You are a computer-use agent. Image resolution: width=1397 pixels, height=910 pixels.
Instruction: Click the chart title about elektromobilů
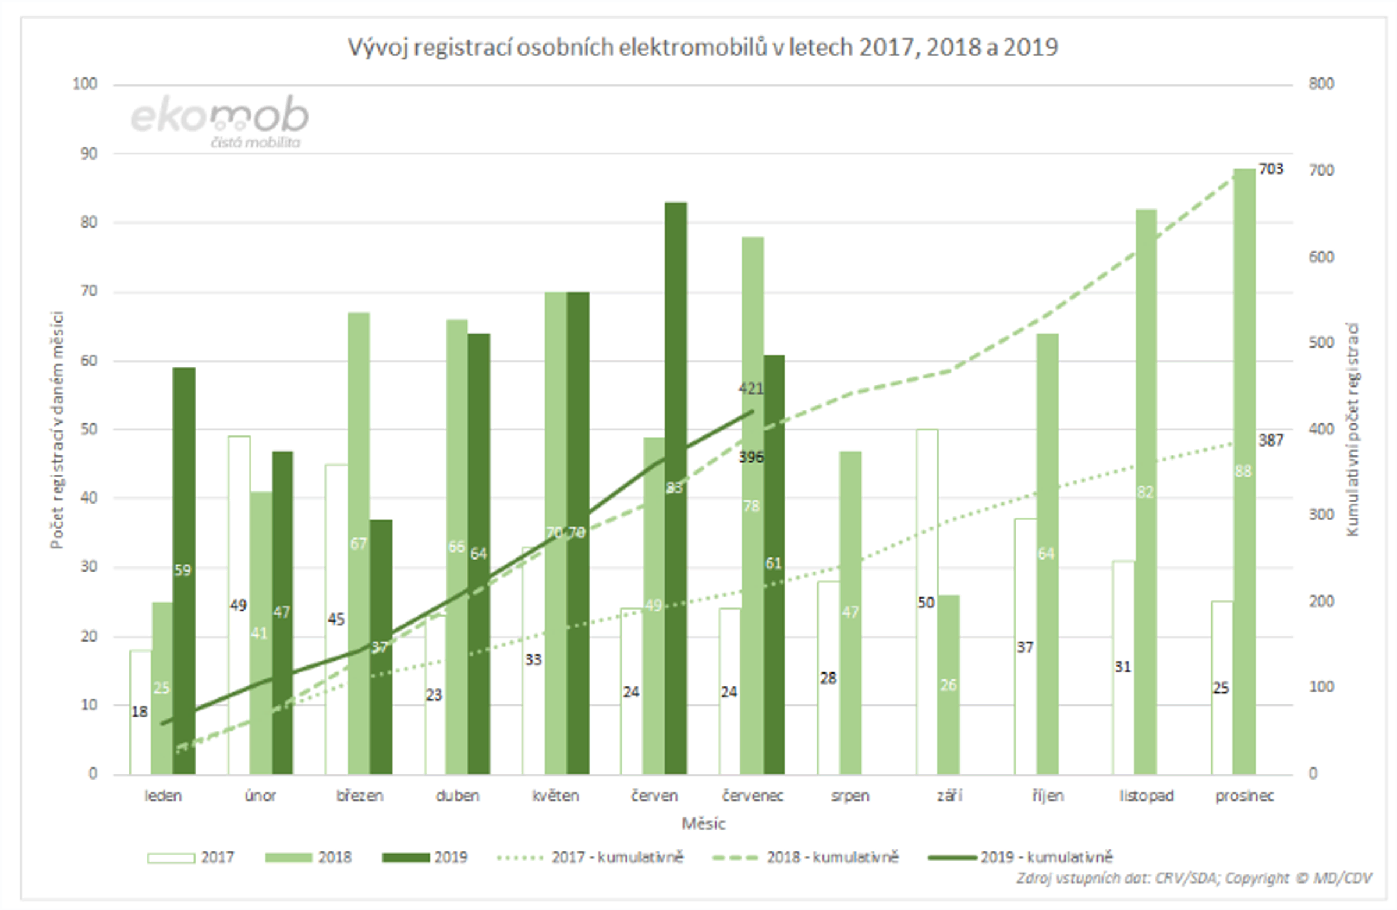[703, 47]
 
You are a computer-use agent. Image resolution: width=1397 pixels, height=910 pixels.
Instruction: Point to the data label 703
[1271, 169]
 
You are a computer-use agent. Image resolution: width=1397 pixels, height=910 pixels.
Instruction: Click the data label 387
[1271, 440]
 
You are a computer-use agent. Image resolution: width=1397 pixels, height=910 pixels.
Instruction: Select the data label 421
[751, 388]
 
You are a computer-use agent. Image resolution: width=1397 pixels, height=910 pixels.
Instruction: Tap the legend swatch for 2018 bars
[288, 858]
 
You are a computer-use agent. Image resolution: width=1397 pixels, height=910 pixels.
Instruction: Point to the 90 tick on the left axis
[88, 154]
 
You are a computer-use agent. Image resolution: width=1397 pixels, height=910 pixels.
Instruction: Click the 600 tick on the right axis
[1321, 257]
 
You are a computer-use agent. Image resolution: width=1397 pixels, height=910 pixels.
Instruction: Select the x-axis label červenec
[753, 796]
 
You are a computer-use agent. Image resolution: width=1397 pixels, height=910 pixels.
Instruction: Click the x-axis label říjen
[1048, 796]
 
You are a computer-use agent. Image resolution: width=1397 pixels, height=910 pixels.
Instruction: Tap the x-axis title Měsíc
[703, 824]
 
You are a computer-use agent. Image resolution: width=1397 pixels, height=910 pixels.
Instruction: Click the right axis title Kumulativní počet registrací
[1352, 429]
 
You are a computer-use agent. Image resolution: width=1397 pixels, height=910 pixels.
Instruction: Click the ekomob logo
[219, 121]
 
